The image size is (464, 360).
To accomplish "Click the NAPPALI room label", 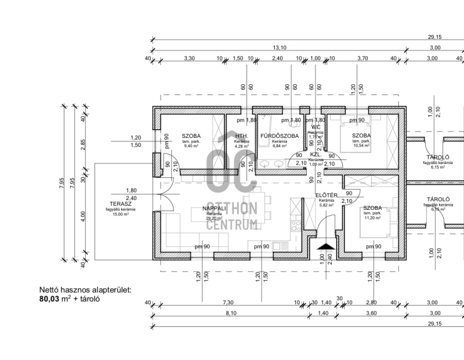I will (x=214, y=208).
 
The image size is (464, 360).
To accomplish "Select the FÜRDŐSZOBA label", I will (x=280, y=136).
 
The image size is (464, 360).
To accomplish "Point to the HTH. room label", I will (x=242, y=136).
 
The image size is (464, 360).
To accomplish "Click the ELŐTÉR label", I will (x=327, y=195).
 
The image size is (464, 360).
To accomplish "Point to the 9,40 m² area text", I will (x=190, y=146).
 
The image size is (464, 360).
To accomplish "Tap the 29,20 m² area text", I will (x=214, y=219).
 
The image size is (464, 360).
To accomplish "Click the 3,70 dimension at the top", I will (x=363, y=59).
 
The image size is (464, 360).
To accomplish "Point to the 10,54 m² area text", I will (x=361, y=146).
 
